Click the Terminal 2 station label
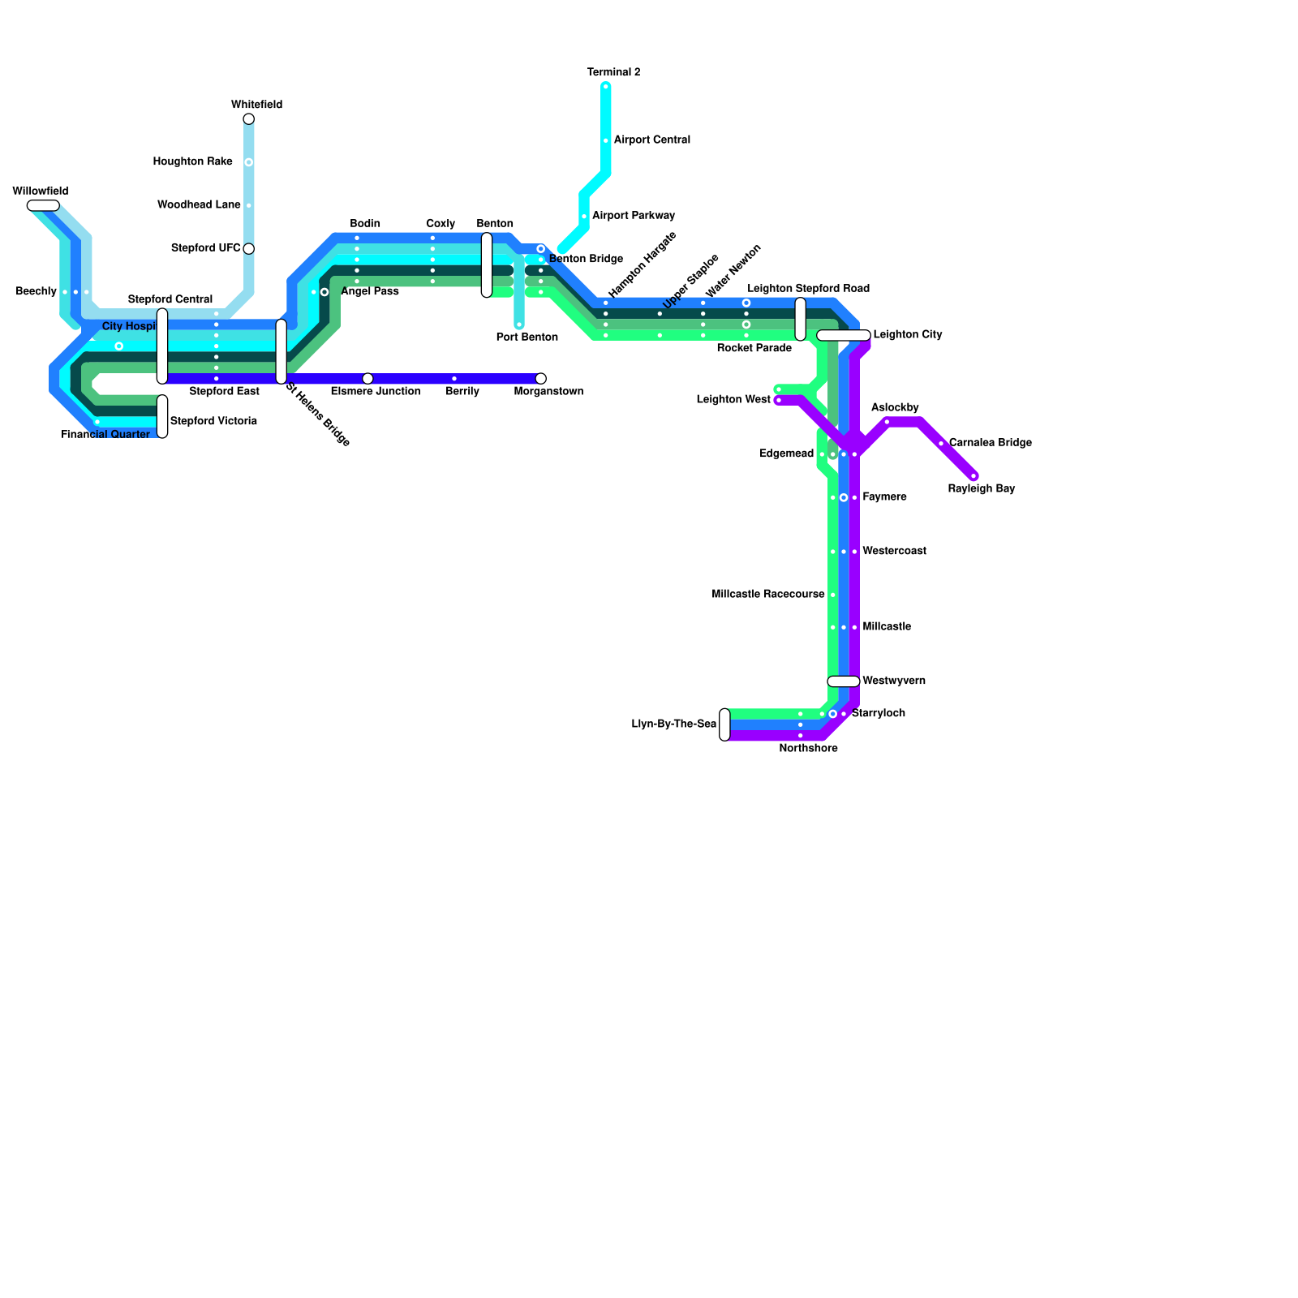pyautogui.click(x=613, y=73)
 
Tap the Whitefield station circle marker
pyautogui.click(x=249, y=119)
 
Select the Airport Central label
pyautogui.click(x=651, y=140)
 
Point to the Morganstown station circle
pyautogui.click(x=541, y=379)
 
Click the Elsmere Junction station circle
pyautogui.click(x=367, y=379)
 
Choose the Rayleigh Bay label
pyautogui.click(x=981, y=489)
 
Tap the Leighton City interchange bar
pyautogui.click(x=844, y=335)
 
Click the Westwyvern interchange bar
pyautogui.click(x=844, y=681)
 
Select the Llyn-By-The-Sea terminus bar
pyautogui.click(x=724, y=724)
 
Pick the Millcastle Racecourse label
pyautogui.click(x=767, y=595)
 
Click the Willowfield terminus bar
pyautogui.click(x=43, y=205)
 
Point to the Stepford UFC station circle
pyautogui.click(x=249, y=249)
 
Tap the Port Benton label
pyautogui.click(x=527, y=337)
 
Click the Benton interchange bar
pyautogui.click(x=487, y=265)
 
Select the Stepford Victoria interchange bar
pyautogui.click(x=162, y=416)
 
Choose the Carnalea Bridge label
pyautogui.click(x=990, y=443)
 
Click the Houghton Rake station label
pyautogui.click(x=192, y=162)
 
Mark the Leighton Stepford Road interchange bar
pyautogui.click(x=801, y=319)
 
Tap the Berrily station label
pyautogui.click(x=462, y=392)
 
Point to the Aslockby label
pyautogui.click(x=895, y=408)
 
